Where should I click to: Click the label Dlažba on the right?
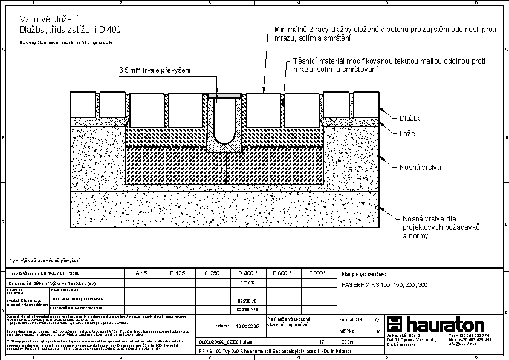(411, 119)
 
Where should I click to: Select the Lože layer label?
(407, 133)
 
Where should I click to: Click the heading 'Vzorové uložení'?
(44, 19)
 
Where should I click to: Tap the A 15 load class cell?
(141, 273)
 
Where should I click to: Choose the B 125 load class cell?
(176, 273)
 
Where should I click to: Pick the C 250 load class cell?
(211, 273)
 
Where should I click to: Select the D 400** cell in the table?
(248, 273)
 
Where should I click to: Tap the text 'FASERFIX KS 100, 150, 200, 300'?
(384, 284)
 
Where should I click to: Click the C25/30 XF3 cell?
(248, 309)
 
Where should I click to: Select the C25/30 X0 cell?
(248, 299)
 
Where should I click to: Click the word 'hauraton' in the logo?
(444, 324)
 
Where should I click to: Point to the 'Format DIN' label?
(350, 319)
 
